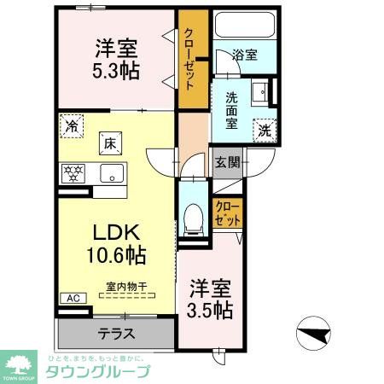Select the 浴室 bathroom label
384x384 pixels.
(245, 55)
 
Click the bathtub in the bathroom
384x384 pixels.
(247, 25)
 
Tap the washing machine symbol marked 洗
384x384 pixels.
(265, 131)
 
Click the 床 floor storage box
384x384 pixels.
(109, 144)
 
